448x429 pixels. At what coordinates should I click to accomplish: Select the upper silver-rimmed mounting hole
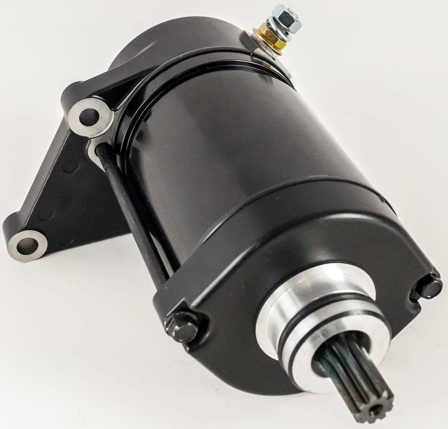(x=90, y=116)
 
